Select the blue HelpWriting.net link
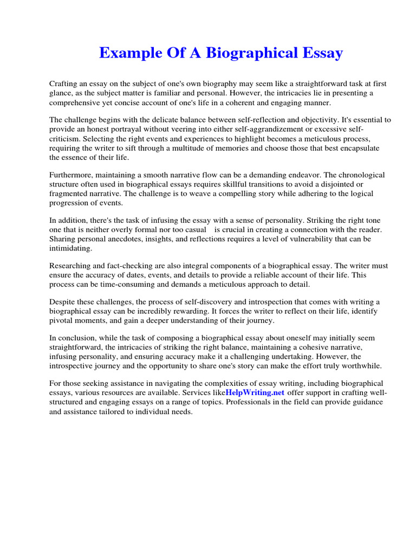[x=255, y=392]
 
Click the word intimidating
[x=71, y=248]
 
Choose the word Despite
[x=62, y=302]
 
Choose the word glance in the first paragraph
[x=62, y=93]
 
